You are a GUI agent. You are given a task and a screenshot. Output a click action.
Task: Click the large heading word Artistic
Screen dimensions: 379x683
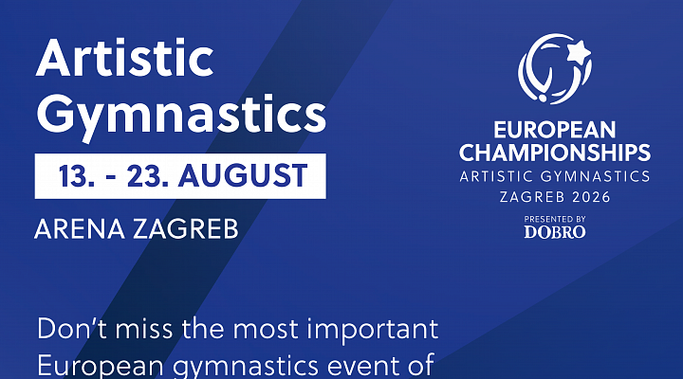pos(124,62)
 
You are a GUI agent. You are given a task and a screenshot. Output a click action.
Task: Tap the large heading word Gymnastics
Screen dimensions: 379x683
pos(180,116)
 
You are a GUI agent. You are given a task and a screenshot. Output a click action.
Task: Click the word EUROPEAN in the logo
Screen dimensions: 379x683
pos(555,130)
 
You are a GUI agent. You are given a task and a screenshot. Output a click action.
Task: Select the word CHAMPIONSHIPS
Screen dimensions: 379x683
pos(555,152)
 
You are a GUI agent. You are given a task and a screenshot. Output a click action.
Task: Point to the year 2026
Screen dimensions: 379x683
pos(588,197)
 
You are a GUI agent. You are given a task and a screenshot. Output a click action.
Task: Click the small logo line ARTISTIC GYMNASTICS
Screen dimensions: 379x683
pos(555,176)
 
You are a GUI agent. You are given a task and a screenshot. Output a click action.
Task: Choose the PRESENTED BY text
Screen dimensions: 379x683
pos(555,219)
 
